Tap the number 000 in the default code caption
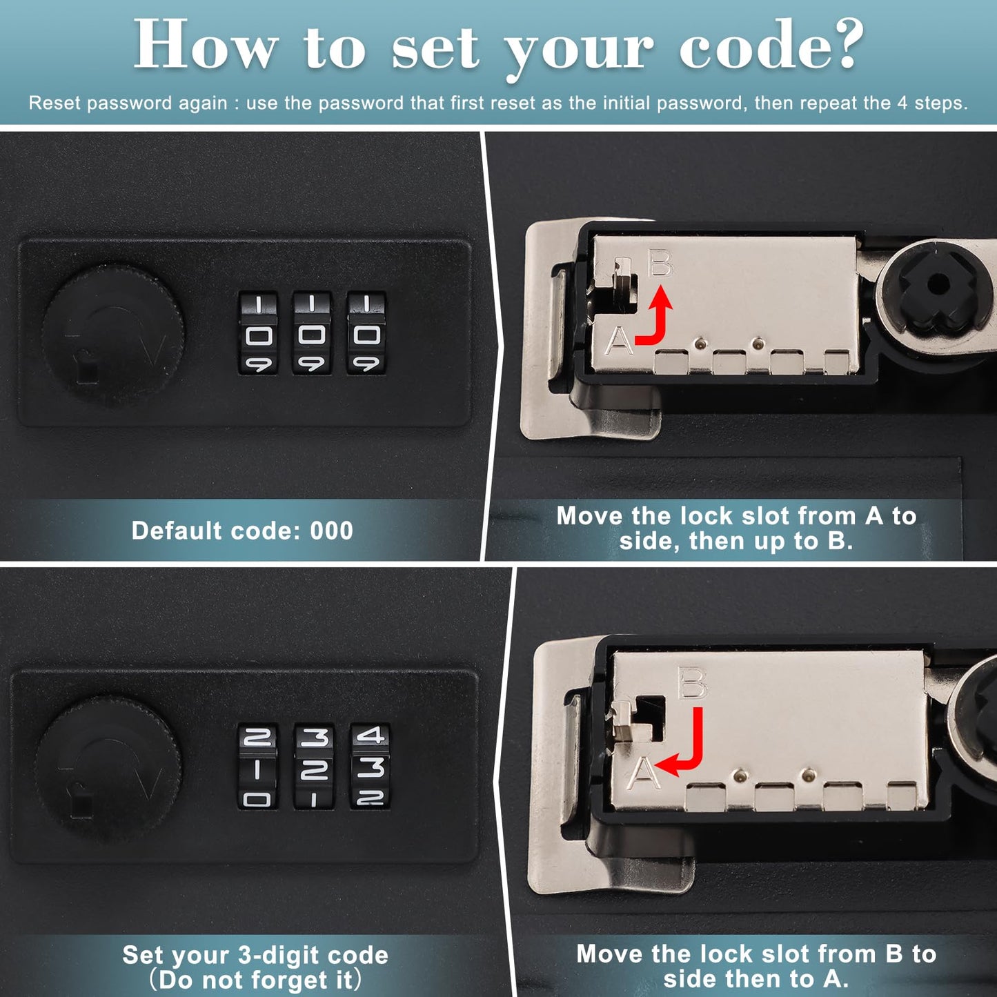(332, 531)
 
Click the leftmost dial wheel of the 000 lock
(258, 334)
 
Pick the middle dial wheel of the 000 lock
(311, 334)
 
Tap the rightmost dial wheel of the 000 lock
(366, 334)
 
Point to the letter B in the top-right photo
(660, 264)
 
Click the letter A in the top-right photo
(619, 340)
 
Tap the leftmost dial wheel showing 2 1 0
(257, 767)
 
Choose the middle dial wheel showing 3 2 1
(314, 767)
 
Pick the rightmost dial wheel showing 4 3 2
(370, 767)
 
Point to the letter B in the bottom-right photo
(692, 683)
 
